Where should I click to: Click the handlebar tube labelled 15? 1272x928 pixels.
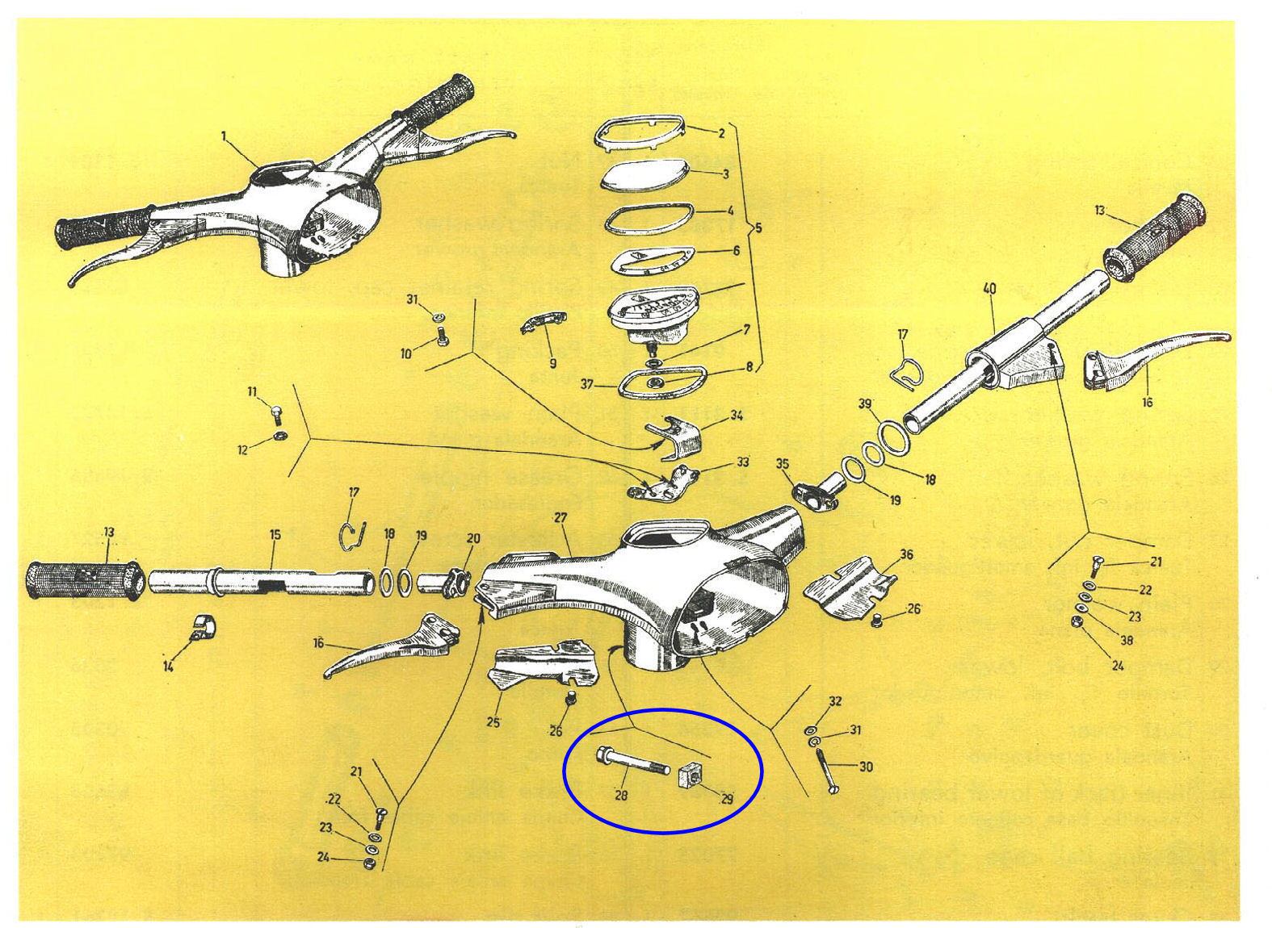pyautogui.click(x=258, y=580)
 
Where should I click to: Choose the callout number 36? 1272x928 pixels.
pyautogui.click(x=905, y=555)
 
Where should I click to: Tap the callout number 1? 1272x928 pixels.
pyautogui.click(x=224, y=137)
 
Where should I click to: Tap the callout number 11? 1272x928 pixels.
pyautogui.click(x=252, y=391)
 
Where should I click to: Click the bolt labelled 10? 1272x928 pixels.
pyautogui.click(x=442, y=341)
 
